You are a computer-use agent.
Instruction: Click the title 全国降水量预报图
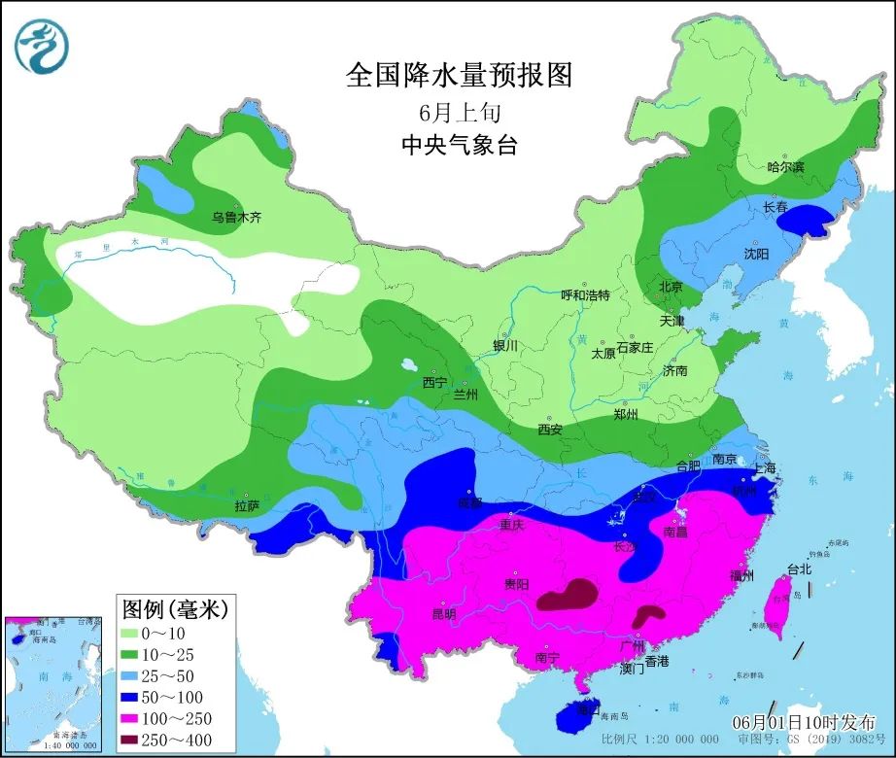459,75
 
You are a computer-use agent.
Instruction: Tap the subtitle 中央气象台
459,146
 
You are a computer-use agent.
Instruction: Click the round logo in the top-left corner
42,45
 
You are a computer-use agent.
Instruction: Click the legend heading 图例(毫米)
174,608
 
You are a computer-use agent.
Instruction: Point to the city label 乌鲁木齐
237,218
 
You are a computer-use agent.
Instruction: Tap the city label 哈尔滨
785,167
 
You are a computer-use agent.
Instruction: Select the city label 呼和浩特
585,294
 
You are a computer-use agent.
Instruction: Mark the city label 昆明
443,614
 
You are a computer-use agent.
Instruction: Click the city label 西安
550,429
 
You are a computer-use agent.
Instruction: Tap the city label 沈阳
756,253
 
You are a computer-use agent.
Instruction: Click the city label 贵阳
516,584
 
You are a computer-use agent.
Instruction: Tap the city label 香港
657,661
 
